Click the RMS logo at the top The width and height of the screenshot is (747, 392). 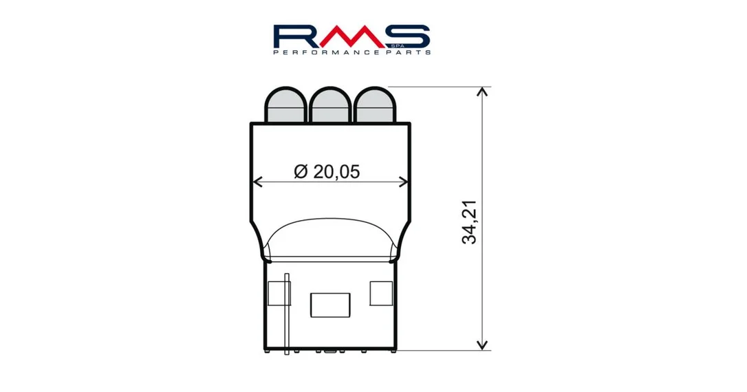(x=352, y=39)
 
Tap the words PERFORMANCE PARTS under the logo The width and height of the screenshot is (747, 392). (x=352, y=52)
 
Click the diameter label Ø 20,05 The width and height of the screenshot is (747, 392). (x=327, y=171)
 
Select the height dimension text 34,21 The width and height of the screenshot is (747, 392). (x=469, y=222)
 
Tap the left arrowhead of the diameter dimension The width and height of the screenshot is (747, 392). (x=257, y=182)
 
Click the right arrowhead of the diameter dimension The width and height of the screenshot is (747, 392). (x=403, y=182)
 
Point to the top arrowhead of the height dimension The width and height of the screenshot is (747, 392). (x=483, y=91)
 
